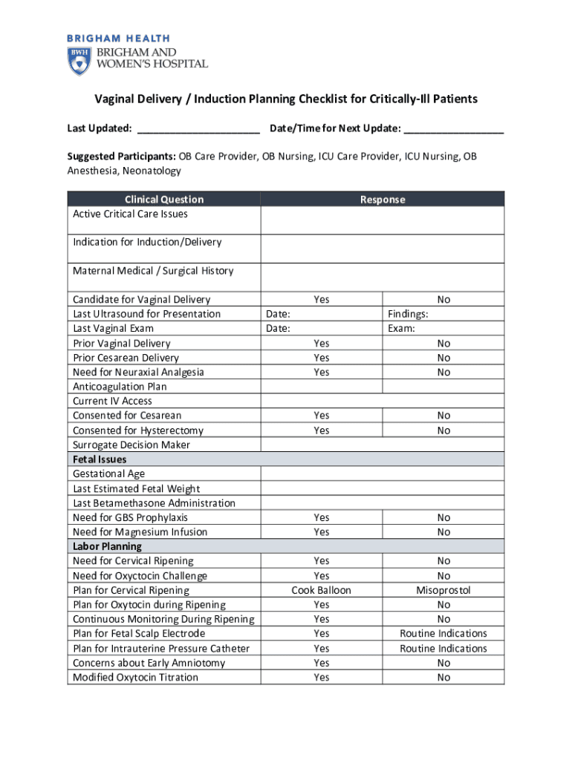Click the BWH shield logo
78,61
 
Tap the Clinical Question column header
163,199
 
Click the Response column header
383,199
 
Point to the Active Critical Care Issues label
130,214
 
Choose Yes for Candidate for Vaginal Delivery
321,300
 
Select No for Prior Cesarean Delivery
443,358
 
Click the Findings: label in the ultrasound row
408,314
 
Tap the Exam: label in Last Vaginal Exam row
401,329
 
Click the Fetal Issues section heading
100,459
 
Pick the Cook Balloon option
321,590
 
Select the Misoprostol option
443,590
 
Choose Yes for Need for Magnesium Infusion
321,532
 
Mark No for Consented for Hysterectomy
443,430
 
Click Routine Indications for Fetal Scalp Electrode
443,634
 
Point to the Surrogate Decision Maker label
131,445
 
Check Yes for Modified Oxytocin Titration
321,677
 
